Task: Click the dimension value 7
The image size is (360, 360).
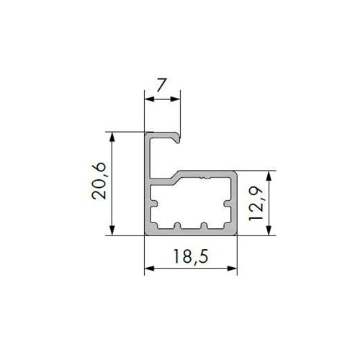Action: (x=161, y=85)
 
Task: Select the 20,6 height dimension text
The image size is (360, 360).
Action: (x=99, y=181)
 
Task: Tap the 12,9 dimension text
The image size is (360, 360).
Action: (x=256, y=204)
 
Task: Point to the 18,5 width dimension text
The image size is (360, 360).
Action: (x=190, y=256)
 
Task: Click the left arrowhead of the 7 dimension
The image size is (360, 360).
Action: (x=149, y=99)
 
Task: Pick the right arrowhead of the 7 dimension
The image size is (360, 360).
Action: (x=175, y=99)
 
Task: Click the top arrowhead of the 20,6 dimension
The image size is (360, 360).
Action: (x=112, y=137)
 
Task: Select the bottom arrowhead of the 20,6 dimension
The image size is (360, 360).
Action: (x=112, y=230)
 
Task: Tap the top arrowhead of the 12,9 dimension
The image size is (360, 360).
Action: (x=269, y=176)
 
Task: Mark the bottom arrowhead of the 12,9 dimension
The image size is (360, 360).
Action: (x=269, y=230)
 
